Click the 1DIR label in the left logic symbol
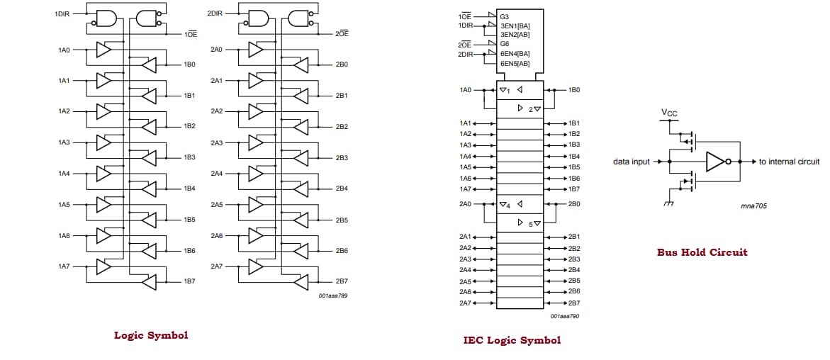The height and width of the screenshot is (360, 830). (62, 13)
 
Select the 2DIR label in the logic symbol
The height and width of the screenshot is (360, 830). (215, 13)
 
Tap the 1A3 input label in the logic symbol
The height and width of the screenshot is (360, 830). (64, 142)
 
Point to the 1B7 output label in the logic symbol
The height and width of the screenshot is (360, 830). (189, 281)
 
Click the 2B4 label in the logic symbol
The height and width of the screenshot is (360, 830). (342, 189)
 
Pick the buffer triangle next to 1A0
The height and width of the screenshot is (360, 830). (103, 50)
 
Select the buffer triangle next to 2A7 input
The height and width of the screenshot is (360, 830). (256, 266)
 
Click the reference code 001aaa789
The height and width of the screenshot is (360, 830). (332, 295)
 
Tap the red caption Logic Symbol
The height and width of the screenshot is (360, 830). (151, 335)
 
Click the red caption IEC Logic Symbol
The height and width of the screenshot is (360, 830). (512, 340)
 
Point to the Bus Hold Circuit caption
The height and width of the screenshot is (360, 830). (702, 252)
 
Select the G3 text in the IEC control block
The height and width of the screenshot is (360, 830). (504, 16)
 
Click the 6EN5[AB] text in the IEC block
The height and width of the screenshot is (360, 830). (515, 63)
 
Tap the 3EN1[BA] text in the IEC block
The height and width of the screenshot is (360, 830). (515, 26)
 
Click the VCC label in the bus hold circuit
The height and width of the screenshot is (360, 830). (668, 113)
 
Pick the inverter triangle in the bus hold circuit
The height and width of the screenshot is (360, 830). (714, 162)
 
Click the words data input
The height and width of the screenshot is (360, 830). (631, 162)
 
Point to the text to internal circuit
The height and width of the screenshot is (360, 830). (789, 162)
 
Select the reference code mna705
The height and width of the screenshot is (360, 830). (753, 206)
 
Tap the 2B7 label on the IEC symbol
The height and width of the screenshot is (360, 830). (574, 303)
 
